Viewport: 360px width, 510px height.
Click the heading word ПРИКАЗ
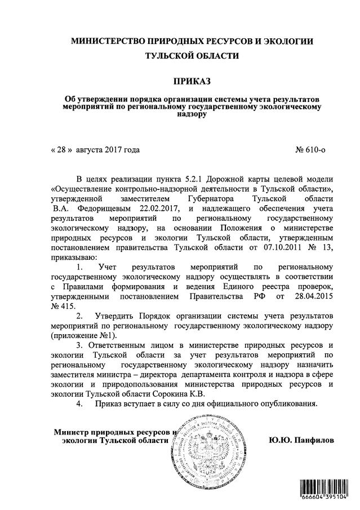(180, 82)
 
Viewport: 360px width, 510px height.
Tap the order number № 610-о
(310, 150)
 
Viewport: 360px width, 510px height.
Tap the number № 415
(63, 306)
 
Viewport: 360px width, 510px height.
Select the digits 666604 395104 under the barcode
(322, 499)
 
